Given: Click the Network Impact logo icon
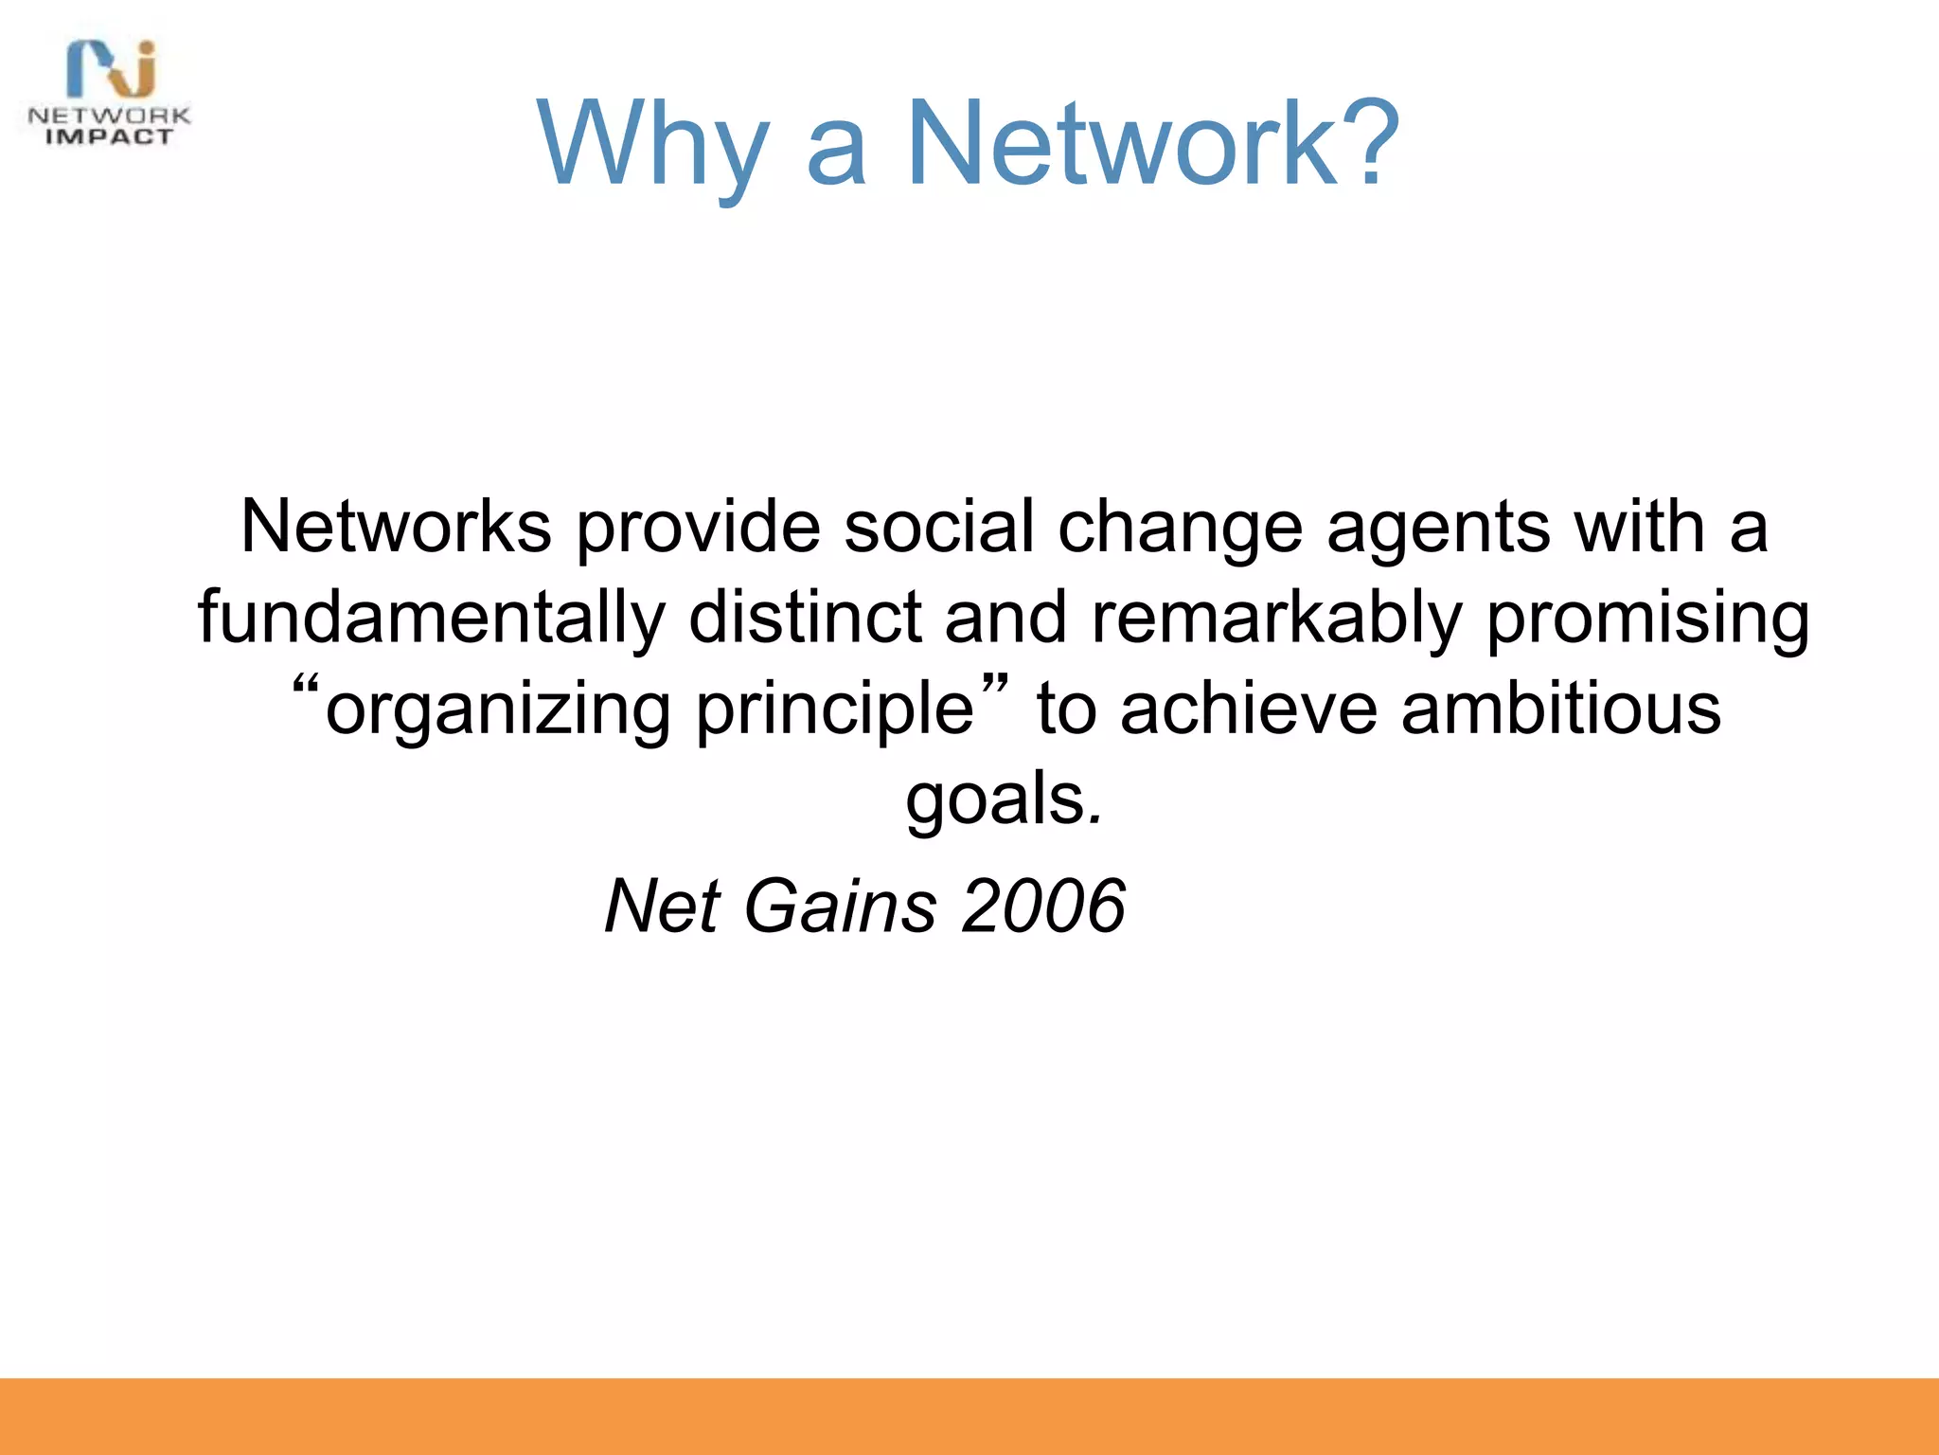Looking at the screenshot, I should coord(112,70).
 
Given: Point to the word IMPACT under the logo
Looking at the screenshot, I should coord(110,137).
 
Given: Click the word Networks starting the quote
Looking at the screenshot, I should coord(396,527).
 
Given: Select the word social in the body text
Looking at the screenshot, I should coord(938,527).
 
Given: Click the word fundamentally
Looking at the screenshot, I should coord(432,618).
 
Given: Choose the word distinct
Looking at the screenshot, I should coord(805,618).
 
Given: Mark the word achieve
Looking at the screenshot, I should coord(1248,709).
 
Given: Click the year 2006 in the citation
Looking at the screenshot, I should coord(1042,906).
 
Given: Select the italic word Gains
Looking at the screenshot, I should coord(841,906).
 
